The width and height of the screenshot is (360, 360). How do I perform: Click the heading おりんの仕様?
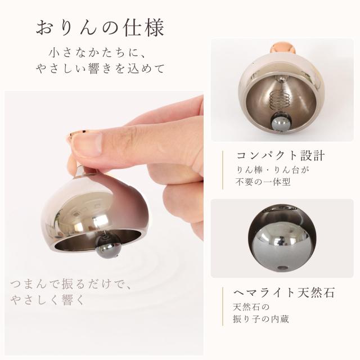pos(100,28)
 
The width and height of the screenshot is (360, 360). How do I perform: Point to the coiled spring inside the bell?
pos(280,100)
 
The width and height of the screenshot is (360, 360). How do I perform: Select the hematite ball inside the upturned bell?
pos(281,122)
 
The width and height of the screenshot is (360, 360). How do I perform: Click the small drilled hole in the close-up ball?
pos(282,268)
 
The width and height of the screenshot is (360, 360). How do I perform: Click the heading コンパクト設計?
pos(281,156)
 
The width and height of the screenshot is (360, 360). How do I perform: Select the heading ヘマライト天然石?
pos(283,292)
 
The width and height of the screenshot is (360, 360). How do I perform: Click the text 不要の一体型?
pos(263,182)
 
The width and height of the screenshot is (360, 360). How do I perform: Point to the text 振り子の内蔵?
pos(261,319)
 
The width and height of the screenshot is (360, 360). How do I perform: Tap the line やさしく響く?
pos(47,300)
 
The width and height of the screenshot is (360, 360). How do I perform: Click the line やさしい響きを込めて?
pos(100,69)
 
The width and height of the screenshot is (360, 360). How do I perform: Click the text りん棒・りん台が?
pos(272,170)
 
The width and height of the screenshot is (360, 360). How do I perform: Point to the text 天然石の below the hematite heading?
pos(251,307)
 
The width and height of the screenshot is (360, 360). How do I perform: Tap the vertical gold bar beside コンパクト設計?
pos(223,170)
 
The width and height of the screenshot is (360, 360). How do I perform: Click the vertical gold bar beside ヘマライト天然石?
pos(223,307)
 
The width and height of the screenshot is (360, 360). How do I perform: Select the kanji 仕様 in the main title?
pos(143,28)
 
